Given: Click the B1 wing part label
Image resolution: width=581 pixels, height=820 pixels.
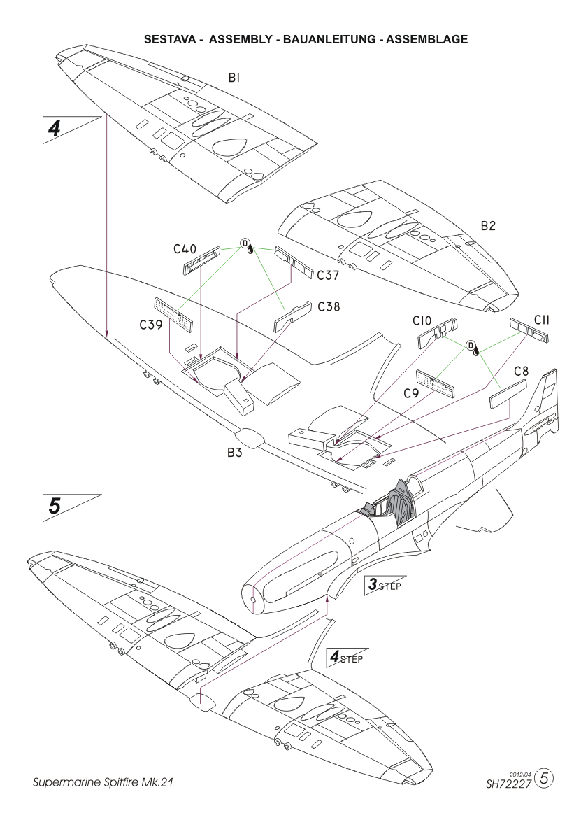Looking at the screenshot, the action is [x=234, y=78].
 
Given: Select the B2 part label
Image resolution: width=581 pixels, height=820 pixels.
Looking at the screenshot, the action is [x=488, y=226].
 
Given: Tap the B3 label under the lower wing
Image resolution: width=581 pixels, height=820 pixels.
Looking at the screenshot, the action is [x=235, y=453].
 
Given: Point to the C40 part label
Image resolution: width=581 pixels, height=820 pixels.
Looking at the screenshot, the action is [x=185, y=250].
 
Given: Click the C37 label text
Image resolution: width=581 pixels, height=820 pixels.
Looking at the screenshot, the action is [x=328, y=276].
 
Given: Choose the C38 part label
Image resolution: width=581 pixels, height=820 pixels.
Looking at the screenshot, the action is [x=329, y=307].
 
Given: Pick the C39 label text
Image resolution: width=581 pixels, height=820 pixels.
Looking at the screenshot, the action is [x=150, y=325].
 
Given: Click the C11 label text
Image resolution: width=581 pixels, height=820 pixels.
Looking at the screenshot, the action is [x=541, y=320].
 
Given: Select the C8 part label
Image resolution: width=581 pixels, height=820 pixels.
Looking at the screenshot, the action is [x=522, y=372].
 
